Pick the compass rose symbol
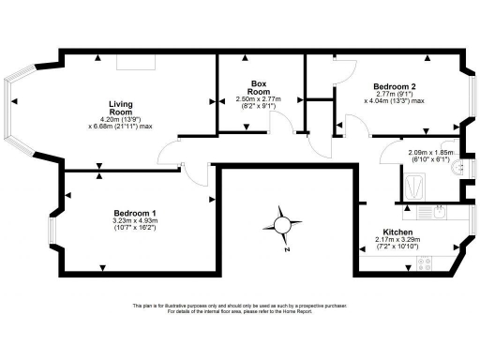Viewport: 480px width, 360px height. (x=282, y=224)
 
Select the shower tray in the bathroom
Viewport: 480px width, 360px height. (x=412, y=188)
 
